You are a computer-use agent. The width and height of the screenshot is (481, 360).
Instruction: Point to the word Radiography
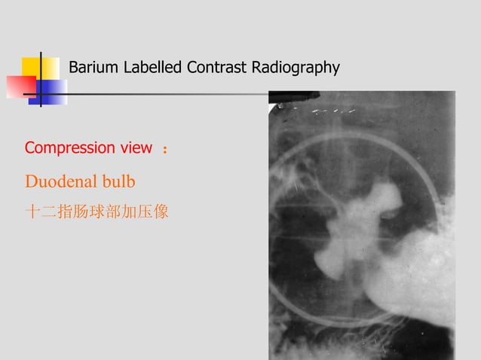[294, 68]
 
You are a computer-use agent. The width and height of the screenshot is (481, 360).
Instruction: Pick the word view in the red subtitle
[136, 148]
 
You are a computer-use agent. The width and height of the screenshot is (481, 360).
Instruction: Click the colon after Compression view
[165, 150]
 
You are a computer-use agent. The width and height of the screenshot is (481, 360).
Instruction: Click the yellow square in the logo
[41, 68]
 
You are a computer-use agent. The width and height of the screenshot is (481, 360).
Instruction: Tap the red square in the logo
[20, 87]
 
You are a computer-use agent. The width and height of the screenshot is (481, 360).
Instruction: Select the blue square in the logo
[53, 91]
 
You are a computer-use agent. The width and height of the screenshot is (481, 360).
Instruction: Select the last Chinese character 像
[161, 213]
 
